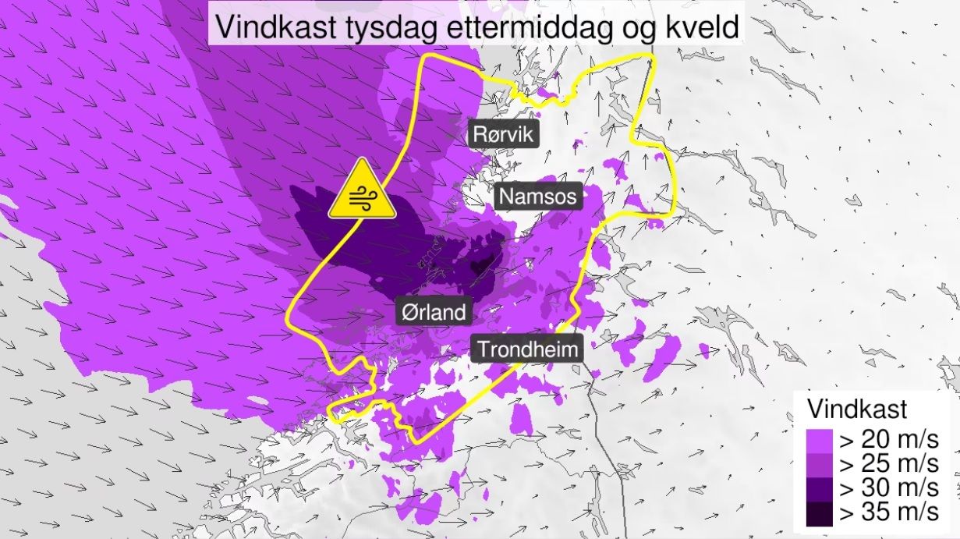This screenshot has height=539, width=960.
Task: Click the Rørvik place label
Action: point(503,134)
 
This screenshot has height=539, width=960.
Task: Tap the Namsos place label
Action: point(538,196)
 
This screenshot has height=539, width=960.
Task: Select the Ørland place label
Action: point(433,313)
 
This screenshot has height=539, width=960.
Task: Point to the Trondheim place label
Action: point(529,349)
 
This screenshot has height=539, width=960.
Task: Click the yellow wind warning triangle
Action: point(362,191)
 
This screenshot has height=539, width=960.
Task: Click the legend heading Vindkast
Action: point(856,409)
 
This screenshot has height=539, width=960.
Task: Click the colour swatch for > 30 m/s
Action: point(820,488)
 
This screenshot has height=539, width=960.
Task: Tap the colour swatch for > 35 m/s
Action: point(820,513)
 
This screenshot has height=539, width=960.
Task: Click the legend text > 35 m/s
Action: point(888,513)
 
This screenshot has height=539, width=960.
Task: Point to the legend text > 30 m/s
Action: point(888,488)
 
